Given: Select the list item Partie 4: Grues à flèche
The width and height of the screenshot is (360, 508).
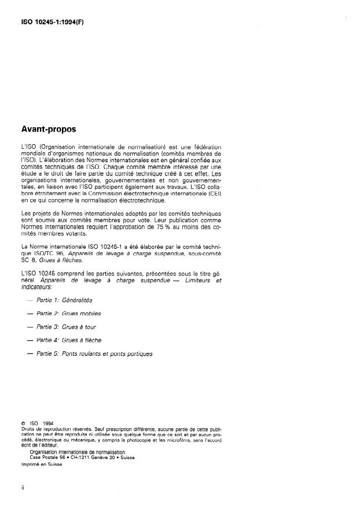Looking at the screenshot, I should pos(68,340).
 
